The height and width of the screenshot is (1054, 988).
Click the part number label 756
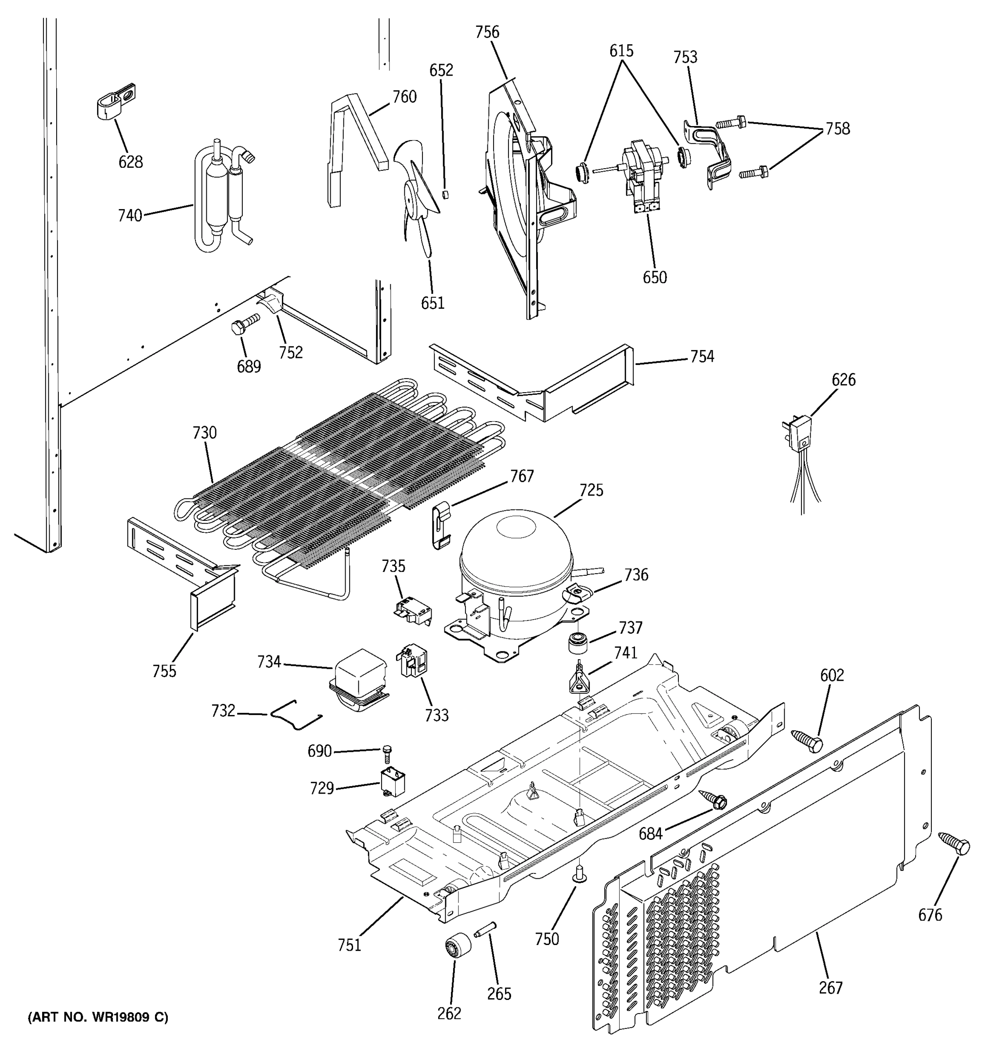[487, 32]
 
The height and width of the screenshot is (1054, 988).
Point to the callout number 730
[205, 433]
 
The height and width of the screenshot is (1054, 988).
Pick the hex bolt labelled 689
[245, 324]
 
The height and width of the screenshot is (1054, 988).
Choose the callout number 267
[830, 988]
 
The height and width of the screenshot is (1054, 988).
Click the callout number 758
[837, 129]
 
